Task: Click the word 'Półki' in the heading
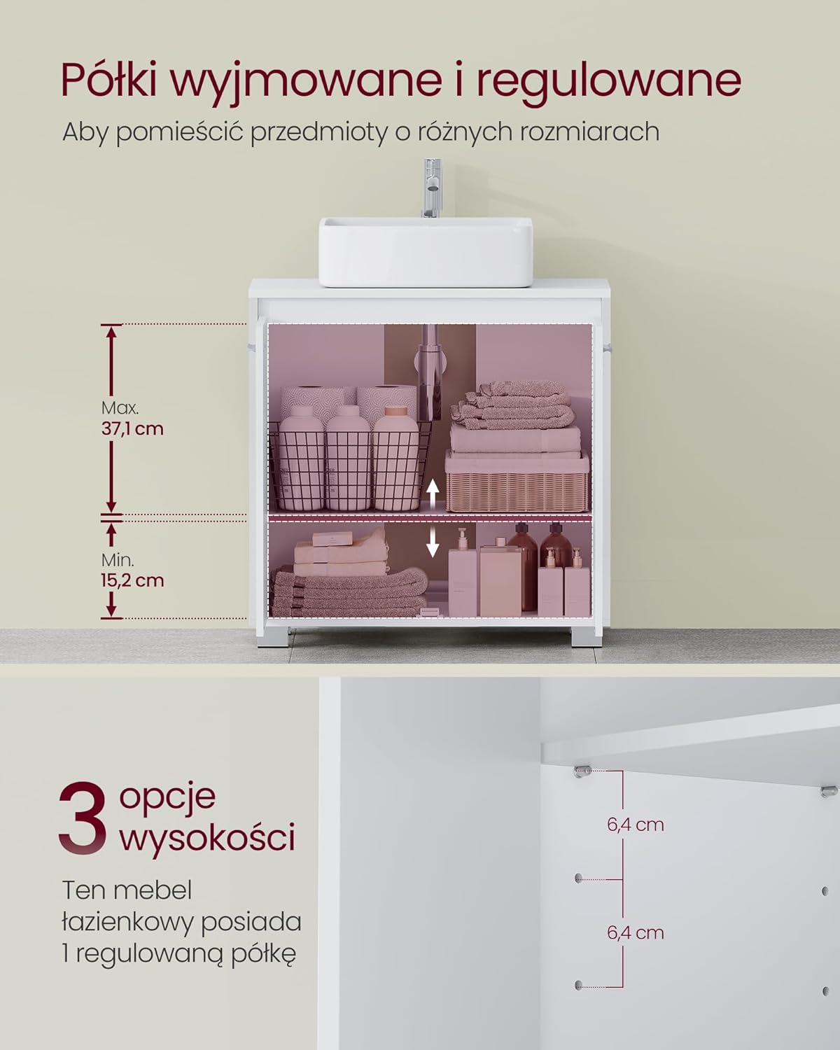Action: click(x=109, y=80)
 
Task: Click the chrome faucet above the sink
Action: click(x=431, y=188)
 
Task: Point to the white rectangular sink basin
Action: click(x=426, y=252)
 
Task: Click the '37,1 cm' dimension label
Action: click(x=132, y=429)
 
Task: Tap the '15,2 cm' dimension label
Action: click(x=132, y=580)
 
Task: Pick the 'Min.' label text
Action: click(x=118, y=559)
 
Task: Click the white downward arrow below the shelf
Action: click(x=432, y=543)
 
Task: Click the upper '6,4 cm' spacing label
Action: click(x=636, y=825)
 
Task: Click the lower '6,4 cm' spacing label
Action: click(x=636, y=933)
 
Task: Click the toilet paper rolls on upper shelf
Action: click(x=349, y=401)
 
